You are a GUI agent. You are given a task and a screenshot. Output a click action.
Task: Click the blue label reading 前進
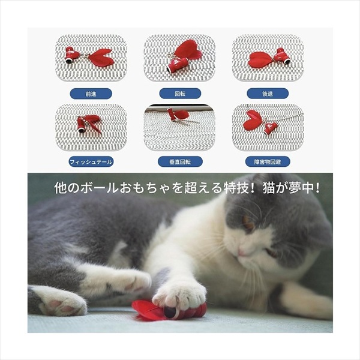[x=91, y=94]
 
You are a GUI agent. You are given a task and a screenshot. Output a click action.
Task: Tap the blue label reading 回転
[x=180, y=94]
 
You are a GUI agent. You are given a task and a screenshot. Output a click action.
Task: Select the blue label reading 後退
[x=268, y=94]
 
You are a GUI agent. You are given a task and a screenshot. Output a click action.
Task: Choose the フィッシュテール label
[x=91, y=162]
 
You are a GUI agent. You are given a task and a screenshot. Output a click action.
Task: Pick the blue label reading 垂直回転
[x=180, y=162]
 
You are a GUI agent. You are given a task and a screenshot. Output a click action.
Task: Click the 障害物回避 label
[x=268, y=162]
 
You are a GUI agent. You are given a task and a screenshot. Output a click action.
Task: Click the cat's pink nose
[x=241, y=253]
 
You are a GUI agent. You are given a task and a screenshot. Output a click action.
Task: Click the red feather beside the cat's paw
[x=148, y=310]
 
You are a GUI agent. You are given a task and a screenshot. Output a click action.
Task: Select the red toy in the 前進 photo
[x=89, y=57]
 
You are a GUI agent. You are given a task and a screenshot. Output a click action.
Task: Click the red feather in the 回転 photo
[x=188, y=50]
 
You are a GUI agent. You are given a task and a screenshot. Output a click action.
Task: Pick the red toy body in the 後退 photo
[x=282, y=56]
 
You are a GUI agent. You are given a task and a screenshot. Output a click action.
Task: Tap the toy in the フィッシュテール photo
[x=89, y=124]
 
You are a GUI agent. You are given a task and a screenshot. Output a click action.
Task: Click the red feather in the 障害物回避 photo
[x=252, y=119]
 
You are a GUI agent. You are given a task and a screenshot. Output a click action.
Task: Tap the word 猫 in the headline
[x=268, y=188]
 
